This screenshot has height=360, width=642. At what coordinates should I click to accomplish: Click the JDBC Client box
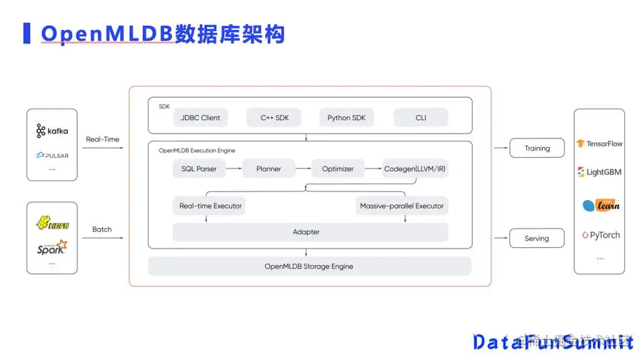pos(201,118)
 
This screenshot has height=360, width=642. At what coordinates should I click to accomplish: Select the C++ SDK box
pos(274,118)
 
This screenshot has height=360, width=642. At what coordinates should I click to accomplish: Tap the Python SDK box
pos(346,118)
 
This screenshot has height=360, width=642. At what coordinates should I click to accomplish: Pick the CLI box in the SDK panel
pos(421,118)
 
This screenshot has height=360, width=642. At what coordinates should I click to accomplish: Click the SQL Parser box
pos(199,169)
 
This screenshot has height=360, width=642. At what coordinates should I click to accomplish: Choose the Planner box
pos(268,169)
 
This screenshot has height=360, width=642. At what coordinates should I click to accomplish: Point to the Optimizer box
pos(338,169)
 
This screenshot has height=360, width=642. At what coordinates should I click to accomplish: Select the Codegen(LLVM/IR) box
pos(416,169)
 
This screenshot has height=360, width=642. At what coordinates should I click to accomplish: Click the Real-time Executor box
pos(211,206)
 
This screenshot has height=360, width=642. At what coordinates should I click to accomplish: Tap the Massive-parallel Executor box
pos(401,206)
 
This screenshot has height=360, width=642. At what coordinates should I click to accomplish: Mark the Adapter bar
pos(306,232)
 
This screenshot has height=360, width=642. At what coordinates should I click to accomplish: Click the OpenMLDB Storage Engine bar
pos(309,266)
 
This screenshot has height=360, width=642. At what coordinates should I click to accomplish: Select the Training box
pos(537,149)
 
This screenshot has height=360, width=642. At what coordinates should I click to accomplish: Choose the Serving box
pos(537,239)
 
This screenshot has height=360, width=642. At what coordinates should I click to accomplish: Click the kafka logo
pos(52,131)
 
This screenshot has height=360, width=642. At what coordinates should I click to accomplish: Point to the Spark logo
pos(52,248)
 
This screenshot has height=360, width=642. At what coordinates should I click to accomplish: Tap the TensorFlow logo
pos(599,144)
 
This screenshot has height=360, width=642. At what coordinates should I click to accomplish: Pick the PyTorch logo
pos(600,235)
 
